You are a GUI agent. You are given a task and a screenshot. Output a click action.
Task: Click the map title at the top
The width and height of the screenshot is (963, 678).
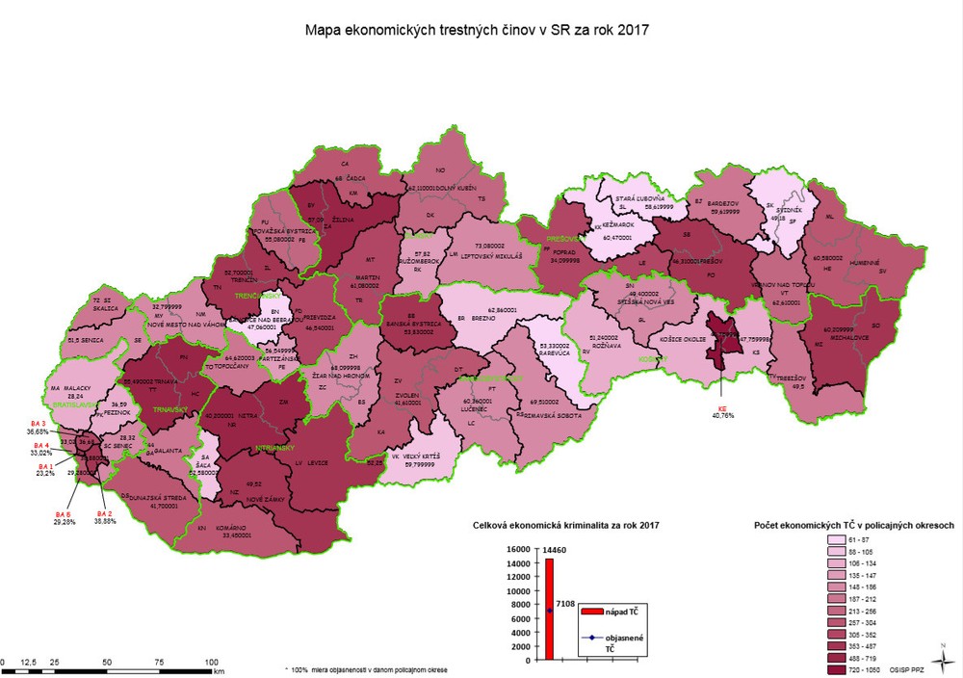(x=477, y=30)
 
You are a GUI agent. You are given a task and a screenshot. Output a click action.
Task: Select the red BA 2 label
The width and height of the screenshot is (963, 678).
(x=105, y=514)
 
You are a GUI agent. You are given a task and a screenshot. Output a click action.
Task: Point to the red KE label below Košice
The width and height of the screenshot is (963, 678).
(x=722, y=407)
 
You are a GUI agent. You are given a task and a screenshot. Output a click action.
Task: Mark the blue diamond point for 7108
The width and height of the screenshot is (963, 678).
(x=550, y=611)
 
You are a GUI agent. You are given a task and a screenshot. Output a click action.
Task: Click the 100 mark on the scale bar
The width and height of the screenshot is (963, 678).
(x=212, y=662)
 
